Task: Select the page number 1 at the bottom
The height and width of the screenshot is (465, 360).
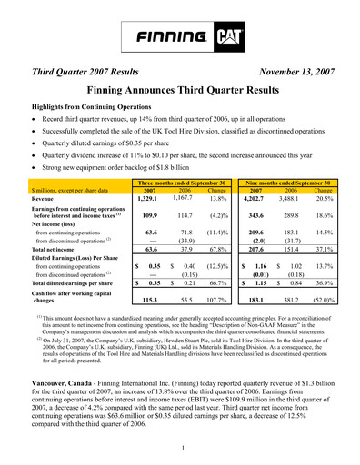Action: tap(181, 447)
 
